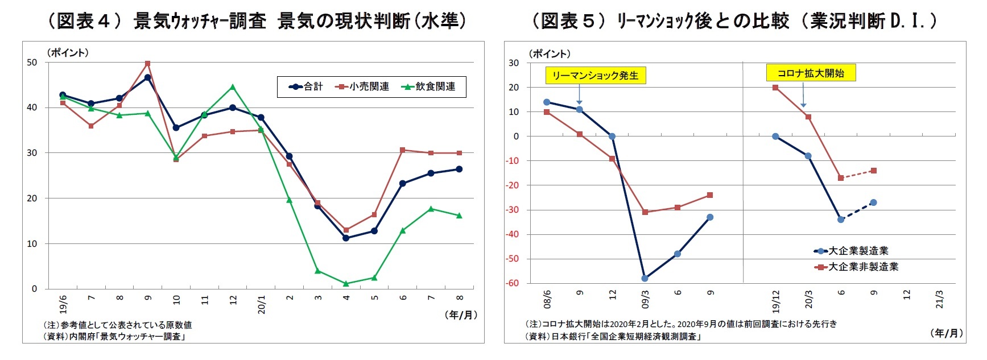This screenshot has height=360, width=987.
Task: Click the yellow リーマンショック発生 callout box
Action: click(x=595, y=75)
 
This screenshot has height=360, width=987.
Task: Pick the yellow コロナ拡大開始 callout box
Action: click(x=811, y=73)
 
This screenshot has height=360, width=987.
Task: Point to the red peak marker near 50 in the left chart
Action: click(x=147, y=64)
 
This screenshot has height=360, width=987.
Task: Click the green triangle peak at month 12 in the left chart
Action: click(x=232, y=87)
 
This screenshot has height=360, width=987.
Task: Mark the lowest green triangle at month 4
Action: click(x=346, y=283)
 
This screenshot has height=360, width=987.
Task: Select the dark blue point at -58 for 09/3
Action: click(x=645, y=278)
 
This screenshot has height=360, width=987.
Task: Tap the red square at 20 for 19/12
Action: click(x=775, y=88)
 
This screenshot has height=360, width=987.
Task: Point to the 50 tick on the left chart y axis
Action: click(x=32, y=63)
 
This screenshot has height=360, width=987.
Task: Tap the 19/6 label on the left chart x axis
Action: click(x=63, y=304)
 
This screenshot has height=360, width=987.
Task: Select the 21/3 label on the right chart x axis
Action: click(x=939, y=299)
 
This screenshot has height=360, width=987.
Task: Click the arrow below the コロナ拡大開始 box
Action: click(x=803, y=95)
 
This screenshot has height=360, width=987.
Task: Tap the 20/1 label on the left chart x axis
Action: click(x=261, y=304)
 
